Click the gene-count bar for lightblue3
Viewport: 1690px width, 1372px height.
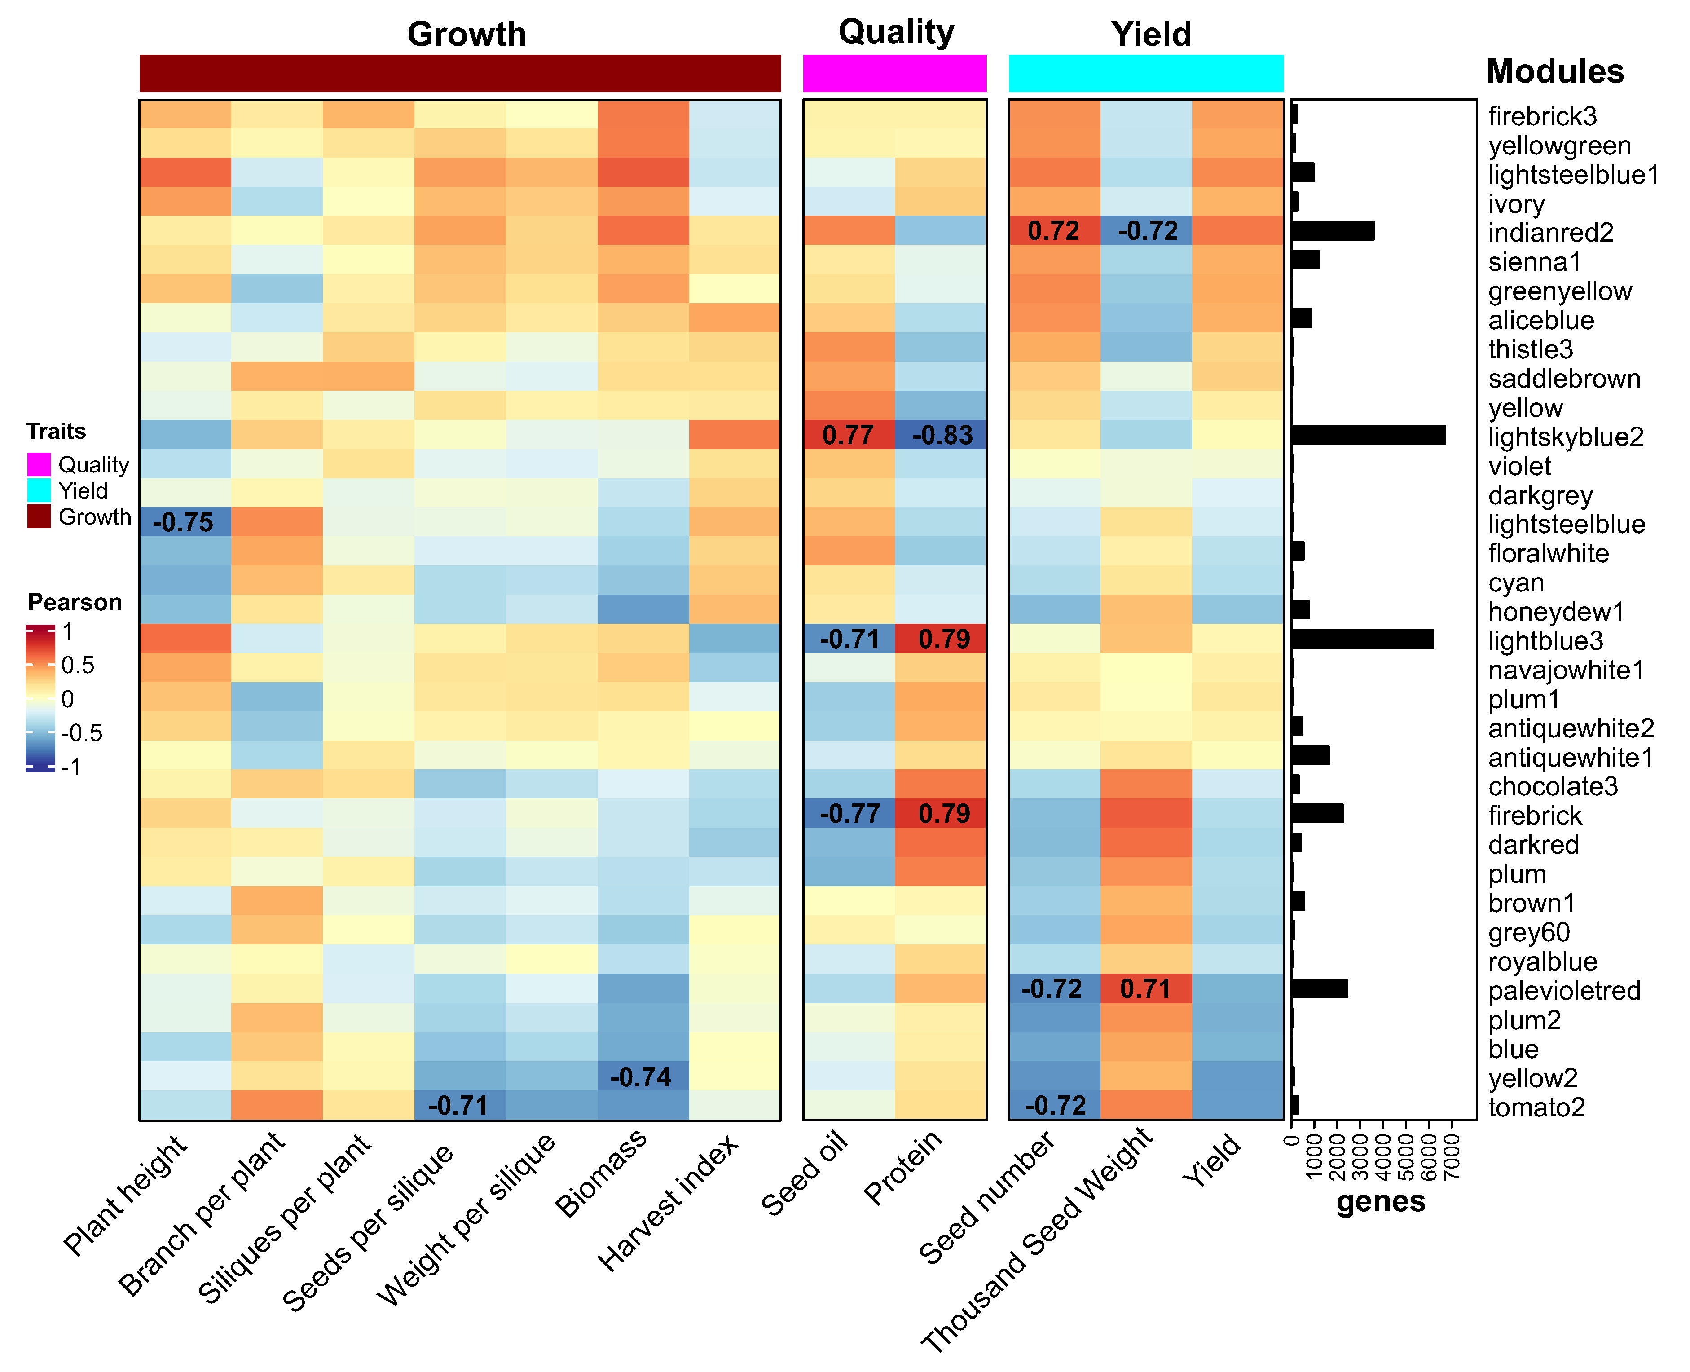coord(1362,639)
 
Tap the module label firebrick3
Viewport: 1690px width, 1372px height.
coord(1541,116)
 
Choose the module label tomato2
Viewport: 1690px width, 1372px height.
coord(1536,1107)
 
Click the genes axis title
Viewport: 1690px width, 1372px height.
coord(1380,1201)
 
